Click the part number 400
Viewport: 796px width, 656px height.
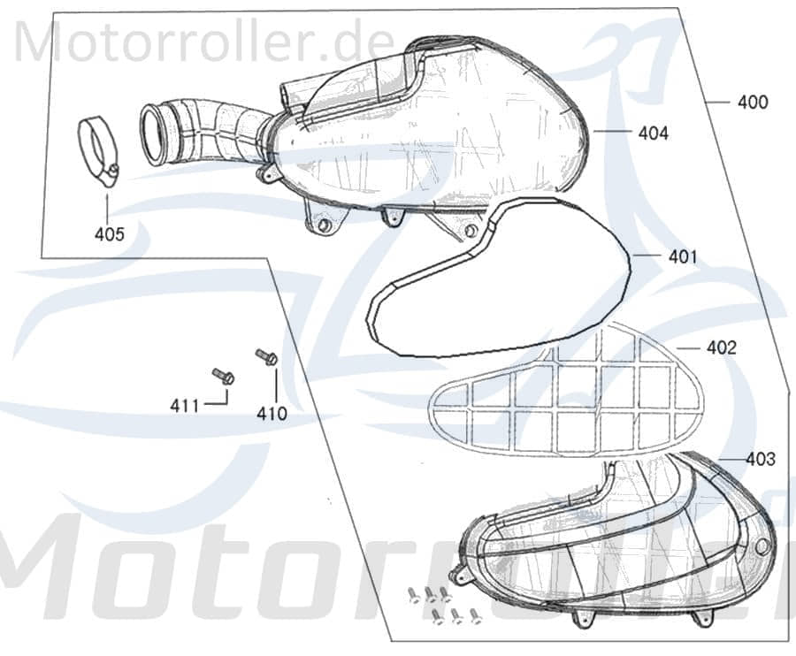tap(753, 103)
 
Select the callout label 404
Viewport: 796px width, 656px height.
tap(653, 134)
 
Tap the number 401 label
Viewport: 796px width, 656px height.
tap(682, 257)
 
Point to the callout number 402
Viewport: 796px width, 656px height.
tap(721, 347)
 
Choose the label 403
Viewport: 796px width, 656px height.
tap(760, 460)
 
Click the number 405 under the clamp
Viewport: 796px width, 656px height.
tap(110, 234)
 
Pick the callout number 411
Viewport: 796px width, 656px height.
tap(185, 406)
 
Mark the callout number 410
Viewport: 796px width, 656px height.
tap(272, 413)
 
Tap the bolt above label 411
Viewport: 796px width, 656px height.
tap(223, 376)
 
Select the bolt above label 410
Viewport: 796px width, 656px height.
tap(266, 356)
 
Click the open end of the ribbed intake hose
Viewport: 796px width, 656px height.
tap(154, 134)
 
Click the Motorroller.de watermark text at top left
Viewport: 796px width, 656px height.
tap(203, 40)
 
